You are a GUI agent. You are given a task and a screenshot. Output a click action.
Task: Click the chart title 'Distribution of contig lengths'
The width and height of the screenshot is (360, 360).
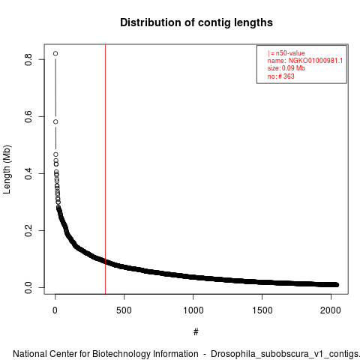(x=196, y=22)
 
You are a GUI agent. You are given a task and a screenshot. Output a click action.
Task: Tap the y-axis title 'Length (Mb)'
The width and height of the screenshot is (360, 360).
(x=7, y=169)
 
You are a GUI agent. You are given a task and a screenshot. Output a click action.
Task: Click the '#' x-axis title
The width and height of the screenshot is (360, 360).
(x=196, y=332)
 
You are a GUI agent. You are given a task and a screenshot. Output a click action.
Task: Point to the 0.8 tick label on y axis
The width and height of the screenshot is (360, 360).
(x=28, y=59)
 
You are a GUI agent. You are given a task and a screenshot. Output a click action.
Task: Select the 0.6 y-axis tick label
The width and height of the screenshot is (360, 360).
(x=28, y=116)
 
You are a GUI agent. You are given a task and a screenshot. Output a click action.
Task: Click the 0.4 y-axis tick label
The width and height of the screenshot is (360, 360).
(x=28, y=173)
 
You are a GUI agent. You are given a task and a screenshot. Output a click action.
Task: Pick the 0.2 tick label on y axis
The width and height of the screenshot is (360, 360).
(x=28, y=230)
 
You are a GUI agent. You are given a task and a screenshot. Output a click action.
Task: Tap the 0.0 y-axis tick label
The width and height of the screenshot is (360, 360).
(x=28, y=287)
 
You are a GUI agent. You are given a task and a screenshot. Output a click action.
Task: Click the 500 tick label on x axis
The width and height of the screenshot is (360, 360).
(x=124, y=310)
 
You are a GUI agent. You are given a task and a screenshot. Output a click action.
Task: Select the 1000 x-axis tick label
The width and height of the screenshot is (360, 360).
(x=193, y=310)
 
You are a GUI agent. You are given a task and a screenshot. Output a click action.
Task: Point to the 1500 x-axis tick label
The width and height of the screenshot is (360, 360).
(x=262, y=310)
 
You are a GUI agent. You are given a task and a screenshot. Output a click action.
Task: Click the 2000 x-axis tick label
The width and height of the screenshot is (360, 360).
(x=331, y=310)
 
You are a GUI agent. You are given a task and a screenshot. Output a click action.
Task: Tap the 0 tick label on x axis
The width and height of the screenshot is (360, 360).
(x=55, y=310)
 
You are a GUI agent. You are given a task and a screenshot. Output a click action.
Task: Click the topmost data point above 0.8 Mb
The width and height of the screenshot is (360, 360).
(x=55, y=53)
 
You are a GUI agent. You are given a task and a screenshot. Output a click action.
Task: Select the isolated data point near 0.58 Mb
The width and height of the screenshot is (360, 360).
(x=55, y=121)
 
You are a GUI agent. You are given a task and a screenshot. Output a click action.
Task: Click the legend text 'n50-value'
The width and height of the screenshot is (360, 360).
(x=290, y=53)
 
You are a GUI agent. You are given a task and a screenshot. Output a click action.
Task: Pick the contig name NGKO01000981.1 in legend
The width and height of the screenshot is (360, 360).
(x=316, y=61)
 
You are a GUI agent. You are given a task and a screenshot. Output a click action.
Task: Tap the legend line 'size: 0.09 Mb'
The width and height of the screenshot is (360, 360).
(x=286, y=68)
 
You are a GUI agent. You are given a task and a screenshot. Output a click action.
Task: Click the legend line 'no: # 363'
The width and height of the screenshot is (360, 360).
(x=281, y=76)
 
